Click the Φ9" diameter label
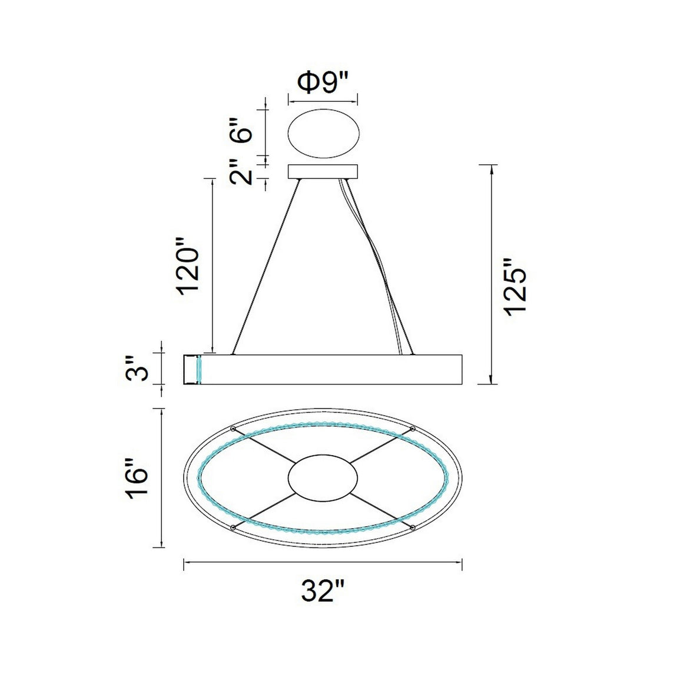322,83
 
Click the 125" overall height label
516,287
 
